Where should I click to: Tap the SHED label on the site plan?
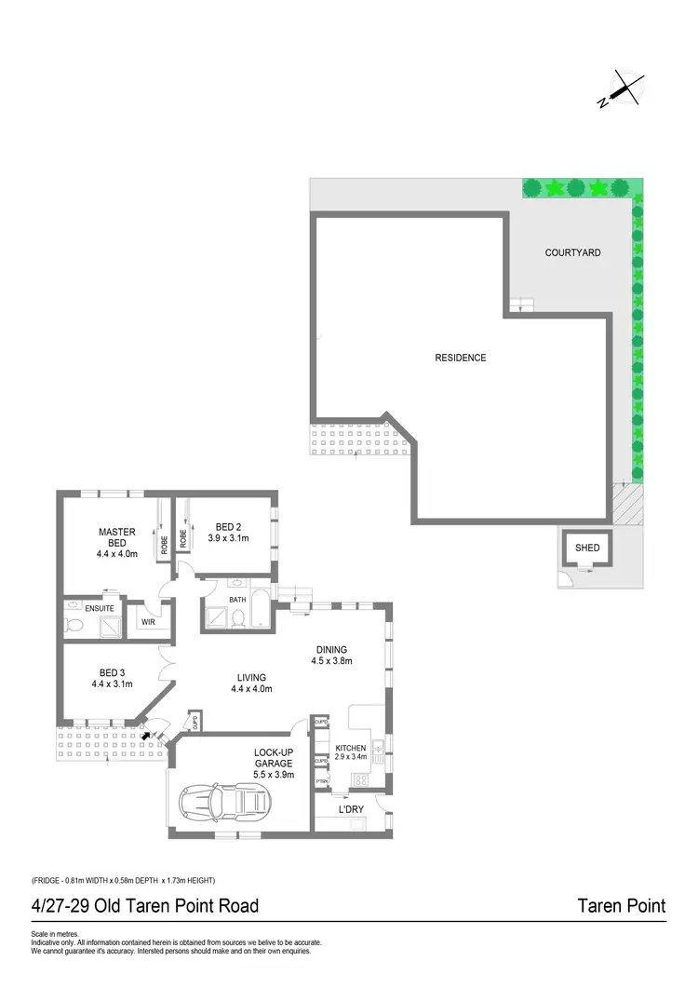click(x=587, y=548)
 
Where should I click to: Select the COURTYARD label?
click(x=572, y=252)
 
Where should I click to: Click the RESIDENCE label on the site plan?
click(x=461, y=358)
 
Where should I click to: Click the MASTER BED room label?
click(x=117, y=537)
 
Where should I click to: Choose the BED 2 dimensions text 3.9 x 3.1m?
click(x=228, y=538)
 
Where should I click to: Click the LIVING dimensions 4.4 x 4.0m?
click(x=251, y=689)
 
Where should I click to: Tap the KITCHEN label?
click(x=352, y=749)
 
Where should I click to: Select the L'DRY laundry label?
click(x=351, y=809)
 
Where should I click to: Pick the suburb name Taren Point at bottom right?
click(x=621, y=905)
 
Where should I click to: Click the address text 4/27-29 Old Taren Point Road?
click(x=144, y=905)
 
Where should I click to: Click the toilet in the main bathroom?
click(x=237, y=617)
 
